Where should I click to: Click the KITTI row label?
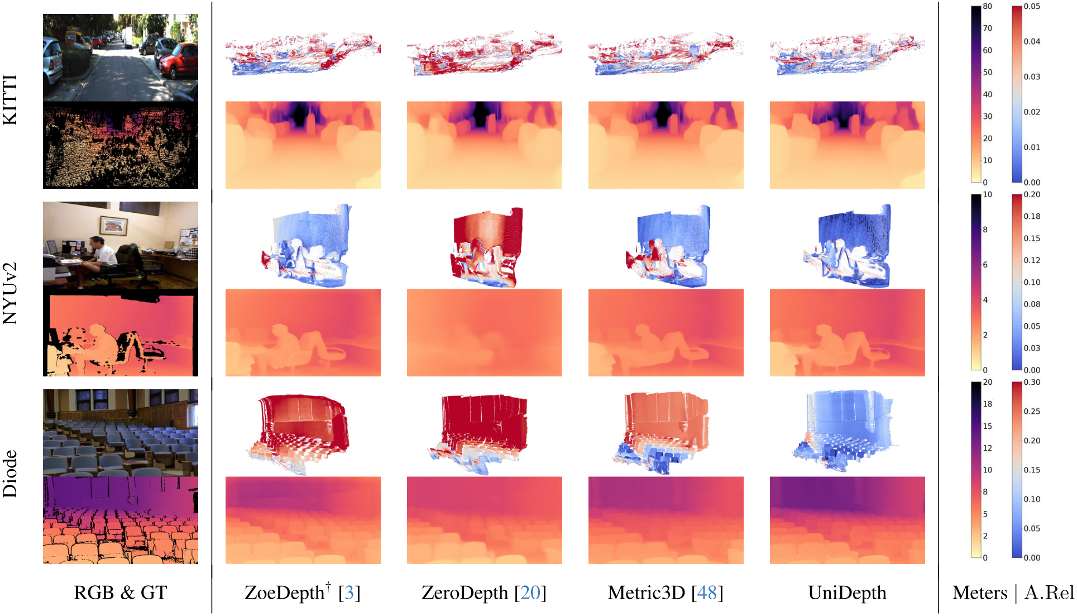[11, 100]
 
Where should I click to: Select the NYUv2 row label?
[11, 293]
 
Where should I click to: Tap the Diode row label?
[11, 474]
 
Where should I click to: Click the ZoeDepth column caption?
[285, 593]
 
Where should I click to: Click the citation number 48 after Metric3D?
[707, 593]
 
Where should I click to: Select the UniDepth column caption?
[847, 593]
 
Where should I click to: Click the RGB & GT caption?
[121, 593]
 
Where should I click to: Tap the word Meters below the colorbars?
[980, 593]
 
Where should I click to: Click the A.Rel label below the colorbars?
[1049, 593]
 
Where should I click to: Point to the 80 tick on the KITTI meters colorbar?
[988, 7]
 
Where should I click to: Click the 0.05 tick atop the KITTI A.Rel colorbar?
[1032, 7]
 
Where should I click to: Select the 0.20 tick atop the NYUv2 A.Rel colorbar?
[1032, 194]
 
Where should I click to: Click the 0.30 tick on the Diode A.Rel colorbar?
[1032, 382]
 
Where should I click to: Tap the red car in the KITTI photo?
[180, 60]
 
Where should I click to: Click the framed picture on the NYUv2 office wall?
[113, 225]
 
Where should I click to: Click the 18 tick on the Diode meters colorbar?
[988, 404]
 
